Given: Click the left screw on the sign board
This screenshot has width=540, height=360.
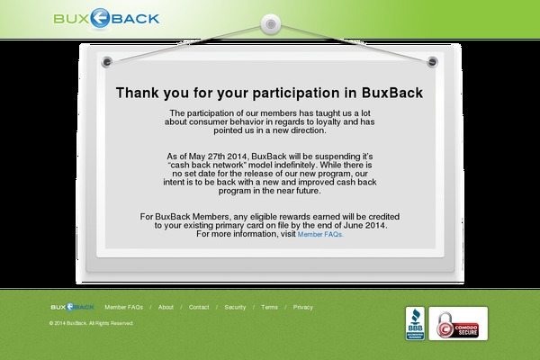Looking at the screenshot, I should pos(108,61).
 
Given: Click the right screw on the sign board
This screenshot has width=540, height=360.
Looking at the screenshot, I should pos(432,61).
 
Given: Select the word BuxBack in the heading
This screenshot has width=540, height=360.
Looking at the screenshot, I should pos(392,93).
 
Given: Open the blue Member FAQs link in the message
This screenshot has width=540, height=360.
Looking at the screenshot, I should pos(320,234).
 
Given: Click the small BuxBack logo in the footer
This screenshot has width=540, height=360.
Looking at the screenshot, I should pos(72,307).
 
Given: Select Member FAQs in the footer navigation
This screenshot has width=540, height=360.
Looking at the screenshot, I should pos(123,307).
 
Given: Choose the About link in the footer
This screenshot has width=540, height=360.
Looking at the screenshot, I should pos(166,307).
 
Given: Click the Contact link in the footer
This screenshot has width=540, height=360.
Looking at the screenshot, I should pos(199,307).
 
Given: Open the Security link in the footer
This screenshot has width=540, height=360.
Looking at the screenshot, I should pos(235,307).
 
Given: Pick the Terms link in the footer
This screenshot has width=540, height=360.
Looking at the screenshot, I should pos(269,307).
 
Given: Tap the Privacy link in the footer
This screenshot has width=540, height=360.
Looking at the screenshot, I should pos(303,307).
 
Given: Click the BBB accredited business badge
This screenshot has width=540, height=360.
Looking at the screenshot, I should pos(415,324).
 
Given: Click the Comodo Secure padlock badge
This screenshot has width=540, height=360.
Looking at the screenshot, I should pos(457,324).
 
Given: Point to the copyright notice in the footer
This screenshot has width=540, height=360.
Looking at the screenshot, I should pos(91,322).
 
